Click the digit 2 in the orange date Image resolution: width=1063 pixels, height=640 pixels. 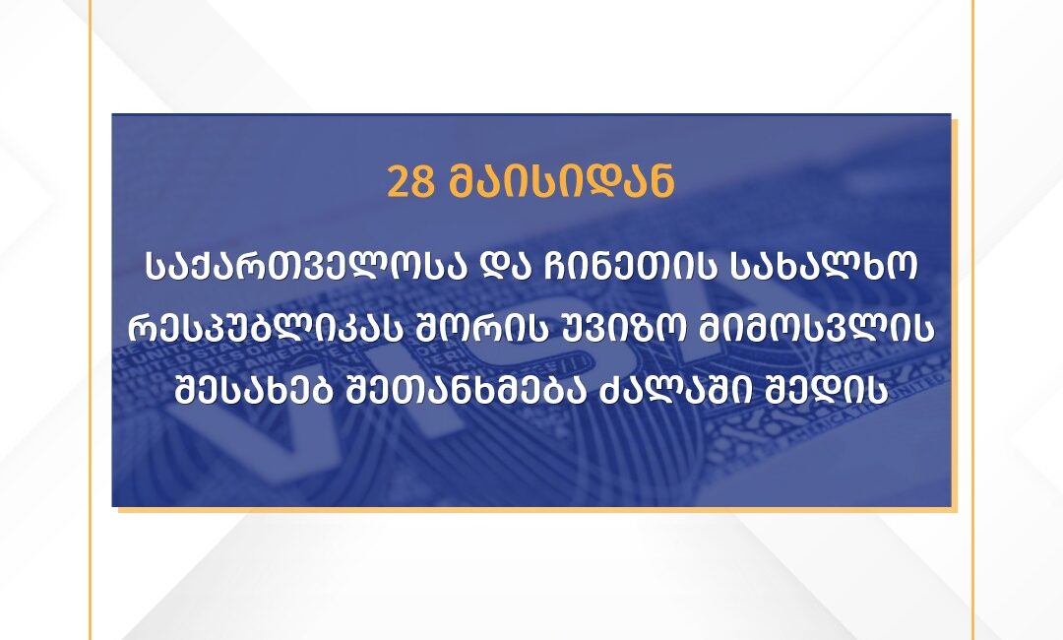[398, 181]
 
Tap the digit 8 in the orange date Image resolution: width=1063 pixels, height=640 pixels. [421, 181]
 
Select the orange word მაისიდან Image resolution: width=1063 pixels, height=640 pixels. [561, 181]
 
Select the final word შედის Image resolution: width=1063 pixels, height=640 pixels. [824, 392]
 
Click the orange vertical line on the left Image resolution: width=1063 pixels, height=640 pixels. [90, 320]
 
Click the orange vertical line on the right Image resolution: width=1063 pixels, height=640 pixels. [973, 320]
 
